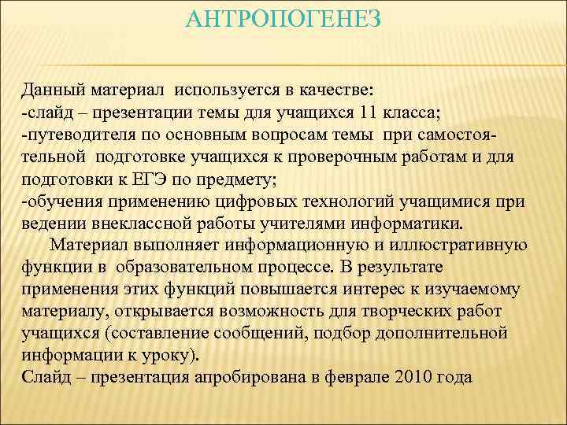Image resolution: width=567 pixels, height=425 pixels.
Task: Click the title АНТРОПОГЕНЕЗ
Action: pos(283,17)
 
